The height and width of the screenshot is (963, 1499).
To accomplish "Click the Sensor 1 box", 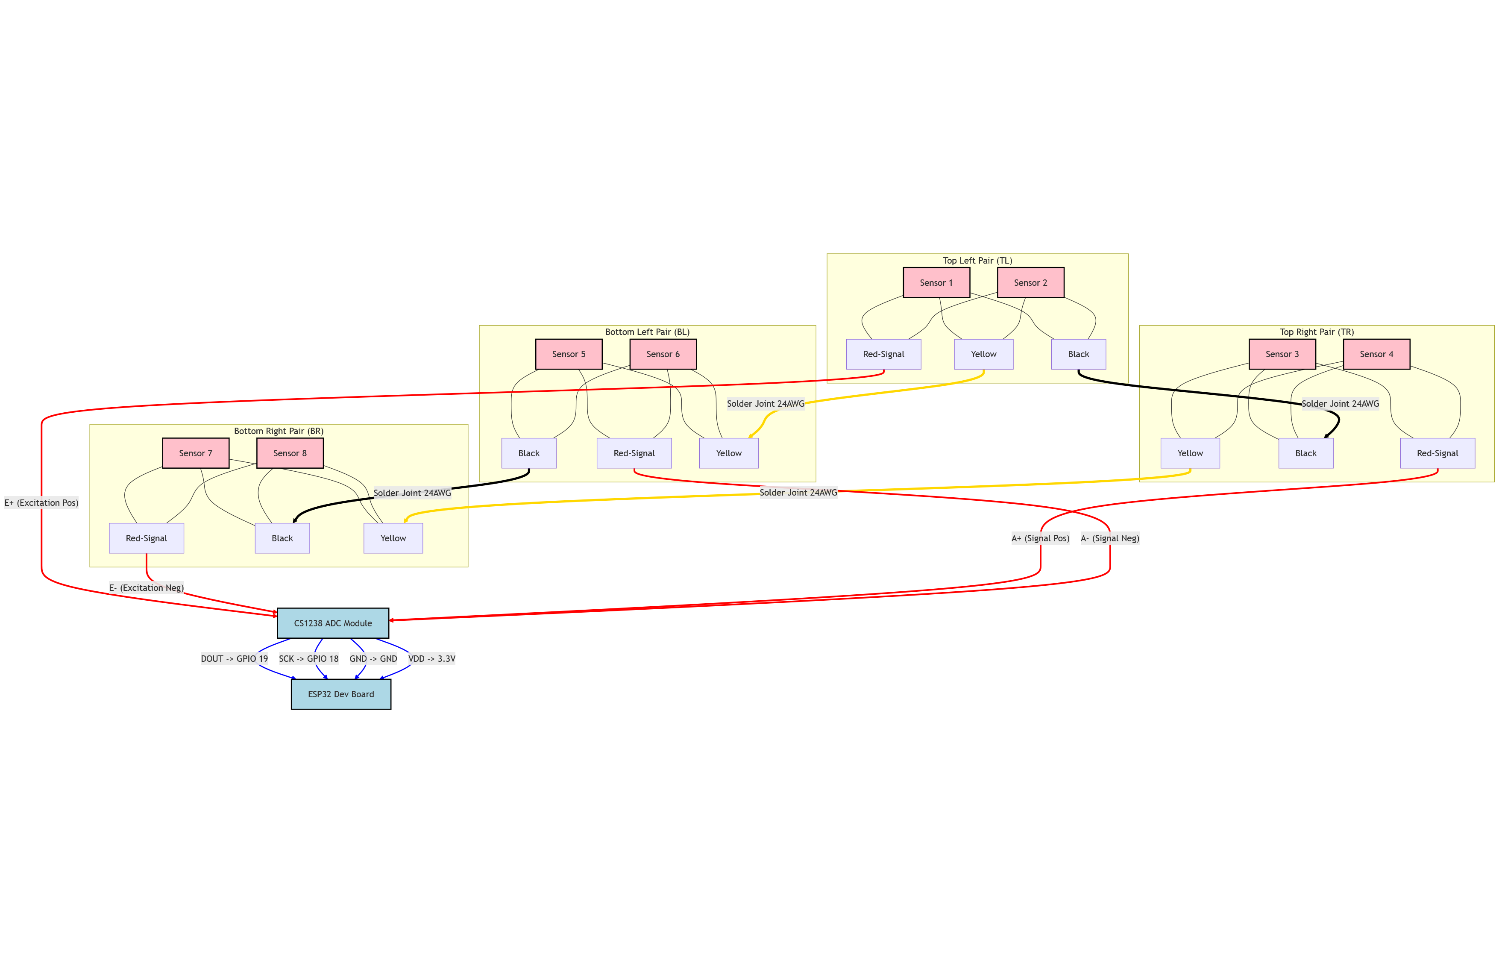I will (936, 283).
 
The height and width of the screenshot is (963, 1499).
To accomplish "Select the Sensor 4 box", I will (1376, 354).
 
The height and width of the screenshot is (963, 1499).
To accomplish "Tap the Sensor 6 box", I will (663, 354).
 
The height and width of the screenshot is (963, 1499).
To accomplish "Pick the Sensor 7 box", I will (196, 453).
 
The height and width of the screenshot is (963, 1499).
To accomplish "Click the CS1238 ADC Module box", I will (332, 623).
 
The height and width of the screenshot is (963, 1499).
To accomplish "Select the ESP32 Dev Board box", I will (341, 694).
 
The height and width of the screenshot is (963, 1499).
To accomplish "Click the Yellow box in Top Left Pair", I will (983, 354).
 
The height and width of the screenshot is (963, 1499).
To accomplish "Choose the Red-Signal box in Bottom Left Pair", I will (634, 453).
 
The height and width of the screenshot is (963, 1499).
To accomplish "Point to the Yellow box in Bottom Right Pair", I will (393, 538).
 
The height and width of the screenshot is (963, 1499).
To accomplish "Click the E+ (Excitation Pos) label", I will (41, 503).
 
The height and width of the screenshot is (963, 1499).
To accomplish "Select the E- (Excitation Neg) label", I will (146, 588).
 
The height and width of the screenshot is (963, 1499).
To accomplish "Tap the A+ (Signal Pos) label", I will (1040, 538).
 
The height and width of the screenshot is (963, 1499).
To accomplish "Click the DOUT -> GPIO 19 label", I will (235, 658).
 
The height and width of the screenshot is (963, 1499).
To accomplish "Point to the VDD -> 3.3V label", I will (431, 658).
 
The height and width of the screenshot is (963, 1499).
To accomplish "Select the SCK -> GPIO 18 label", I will (309, 658).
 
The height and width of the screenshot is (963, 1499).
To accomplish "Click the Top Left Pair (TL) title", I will (977, 261).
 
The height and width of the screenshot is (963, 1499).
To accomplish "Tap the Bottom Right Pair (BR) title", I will (279, 431).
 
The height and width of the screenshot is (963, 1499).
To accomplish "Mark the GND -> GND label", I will (373, 658).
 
